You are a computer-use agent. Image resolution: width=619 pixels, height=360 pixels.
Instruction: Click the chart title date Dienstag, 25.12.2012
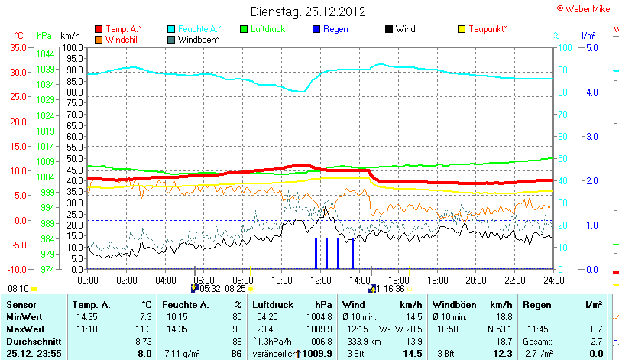pyautogui.click(x=308, y=11)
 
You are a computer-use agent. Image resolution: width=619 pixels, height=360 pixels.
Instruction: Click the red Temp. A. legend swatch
pyautogui.click(x=99, y=29)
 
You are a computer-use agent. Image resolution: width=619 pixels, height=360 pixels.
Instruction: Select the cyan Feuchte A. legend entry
pyautogui.click(x=195, y=29)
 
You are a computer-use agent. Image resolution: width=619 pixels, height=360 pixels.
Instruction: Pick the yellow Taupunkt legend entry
pyautogui.click(x=488, y=29)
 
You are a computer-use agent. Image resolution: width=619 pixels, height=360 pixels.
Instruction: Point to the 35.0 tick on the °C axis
pyautogui.click(x=16, y=47)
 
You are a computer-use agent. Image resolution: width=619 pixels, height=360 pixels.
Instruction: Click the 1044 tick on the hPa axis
pyautogui.click(x=45, y=54)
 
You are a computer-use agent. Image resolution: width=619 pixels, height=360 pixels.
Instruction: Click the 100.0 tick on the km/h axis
pyautogui.click(x=72, y=47)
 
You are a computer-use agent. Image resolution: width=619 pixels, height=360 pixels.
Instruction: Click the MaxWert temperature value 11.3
pyautogui.click(x=144, y=329)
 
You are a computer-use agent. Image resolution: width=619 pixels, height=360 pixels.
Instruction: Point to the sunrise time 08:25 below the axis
pyautogui.click(x=235, y=289)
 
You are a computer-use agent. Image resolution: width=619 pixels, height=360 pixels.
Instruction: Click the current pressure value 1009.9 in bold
pyautogui.click(x=322, y=354)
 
